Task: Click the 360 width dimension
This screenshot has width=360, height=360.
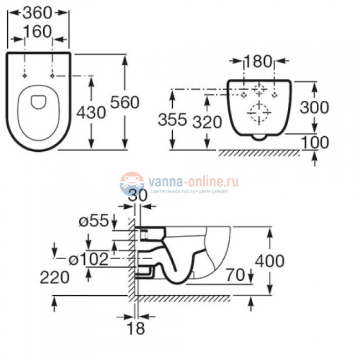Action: (39, 11)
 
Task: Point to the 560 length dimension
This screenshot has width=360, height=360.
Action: (125, 102)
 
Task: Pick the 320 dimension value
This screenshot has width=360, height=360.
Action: (208, 121)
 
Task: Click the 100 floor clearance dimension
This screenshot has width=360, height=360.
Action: (315, 142)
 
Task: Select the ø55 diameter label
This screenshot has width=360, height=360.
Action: (92, 221)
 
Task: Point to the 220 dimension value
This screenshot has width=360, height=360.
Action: (54, 277)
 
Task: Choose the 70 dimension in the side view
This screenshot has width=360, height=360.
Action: (235, 273)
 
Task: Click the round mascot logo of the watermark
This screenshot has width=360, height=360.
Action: (131, 183)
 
